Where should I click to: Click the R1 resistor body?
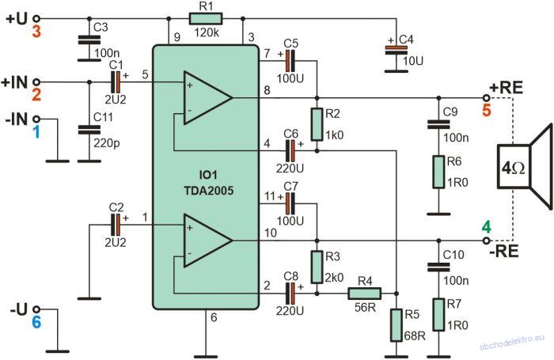(206, 18)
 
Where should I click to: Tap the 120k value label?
(207, 32)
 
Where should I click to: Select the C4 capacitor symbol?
(396, 51)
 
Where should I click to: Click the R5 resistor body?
(396, 325)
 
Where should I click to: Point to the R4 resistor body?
(365, 294)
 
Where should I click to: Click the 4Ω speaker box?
(514, 166)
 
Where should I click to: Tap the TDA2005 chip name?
(209, 191)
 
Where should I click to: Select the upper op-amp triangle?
(207, 98)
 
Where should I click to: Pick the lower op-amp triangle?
(207, 241)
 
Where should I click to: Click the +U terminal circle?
(36, 18)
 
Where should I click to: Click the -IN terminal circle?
(36, 119)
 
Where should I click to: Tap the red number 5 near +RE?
(487, 110)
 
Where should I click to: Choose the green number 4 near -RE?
(487, 227)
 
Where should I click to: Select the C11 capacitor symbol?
(89, 130)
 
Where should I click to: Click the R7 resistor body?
(438, 315)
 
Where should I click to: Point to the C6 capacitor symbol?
(290, 151)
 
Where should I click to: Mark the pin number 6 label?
(214, 317)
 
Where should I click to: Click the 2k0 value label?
(334, 278)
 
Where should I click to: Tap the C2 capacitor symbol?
(116, 225)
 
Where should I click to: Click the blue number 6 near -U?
(36, 322)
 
